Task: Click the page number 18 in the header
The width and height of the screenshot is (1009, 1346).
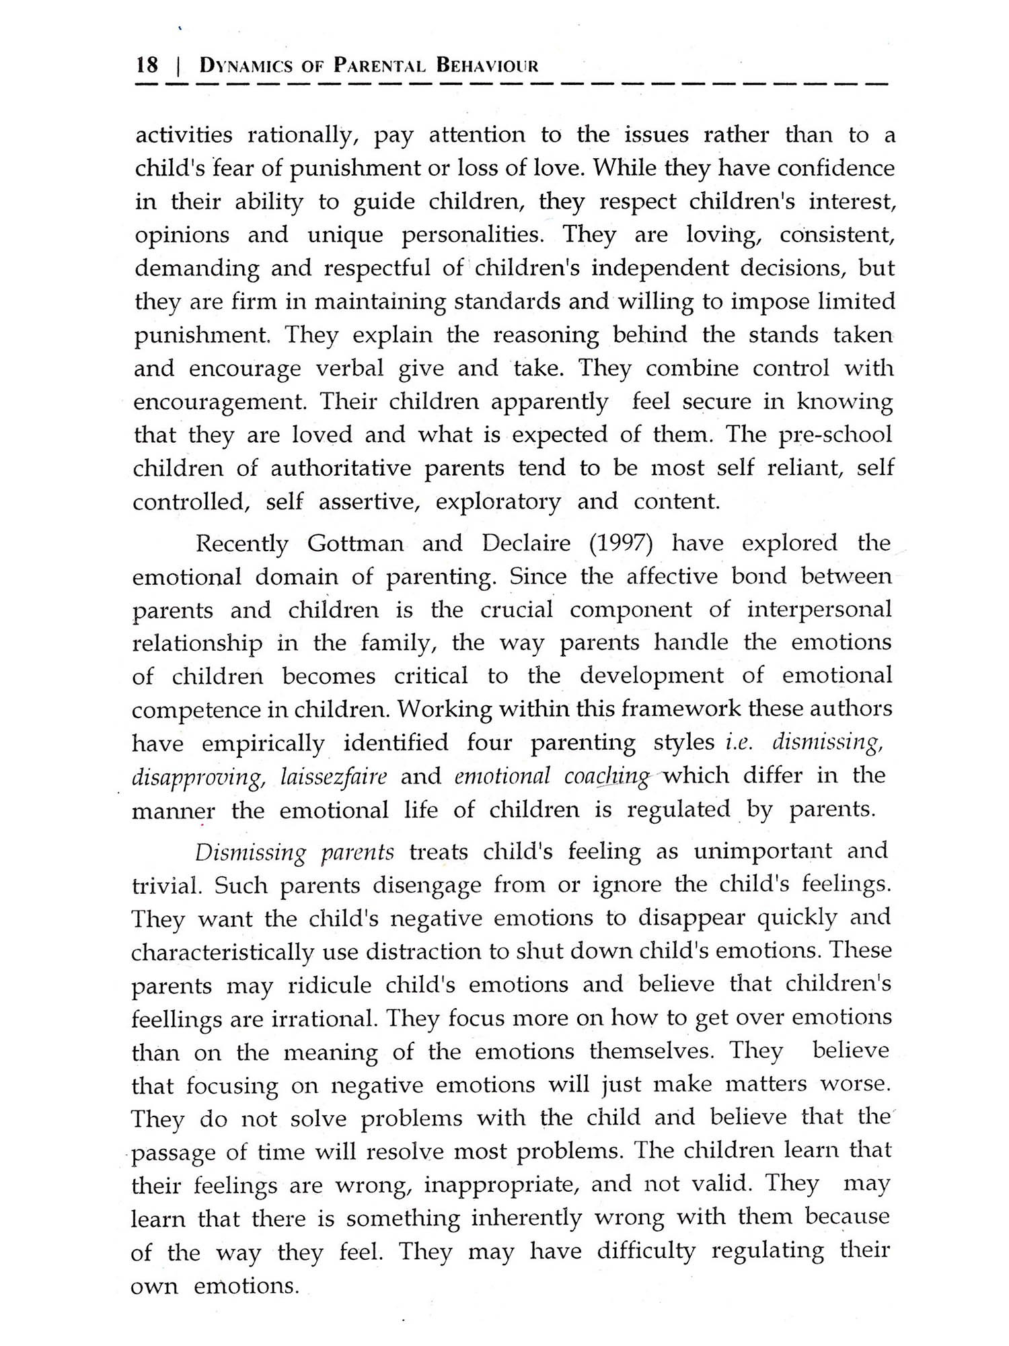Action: coord(147,65)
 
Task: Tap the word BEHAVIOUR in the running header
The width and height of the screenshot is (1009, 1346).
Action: coord(488,66)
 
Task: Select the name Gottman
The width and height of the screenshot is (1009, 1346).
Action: coord(355,543)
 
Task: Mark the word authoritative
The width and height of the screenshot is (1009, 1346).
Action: coord(340,468)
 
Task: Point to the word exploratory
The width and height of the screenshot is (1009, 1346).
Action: coord(498,502)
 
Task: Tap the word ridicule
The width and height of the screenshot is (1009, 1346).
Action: coord(330,985)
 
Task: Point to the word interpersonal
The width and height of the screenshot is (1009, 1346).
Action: coord(819,610)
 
